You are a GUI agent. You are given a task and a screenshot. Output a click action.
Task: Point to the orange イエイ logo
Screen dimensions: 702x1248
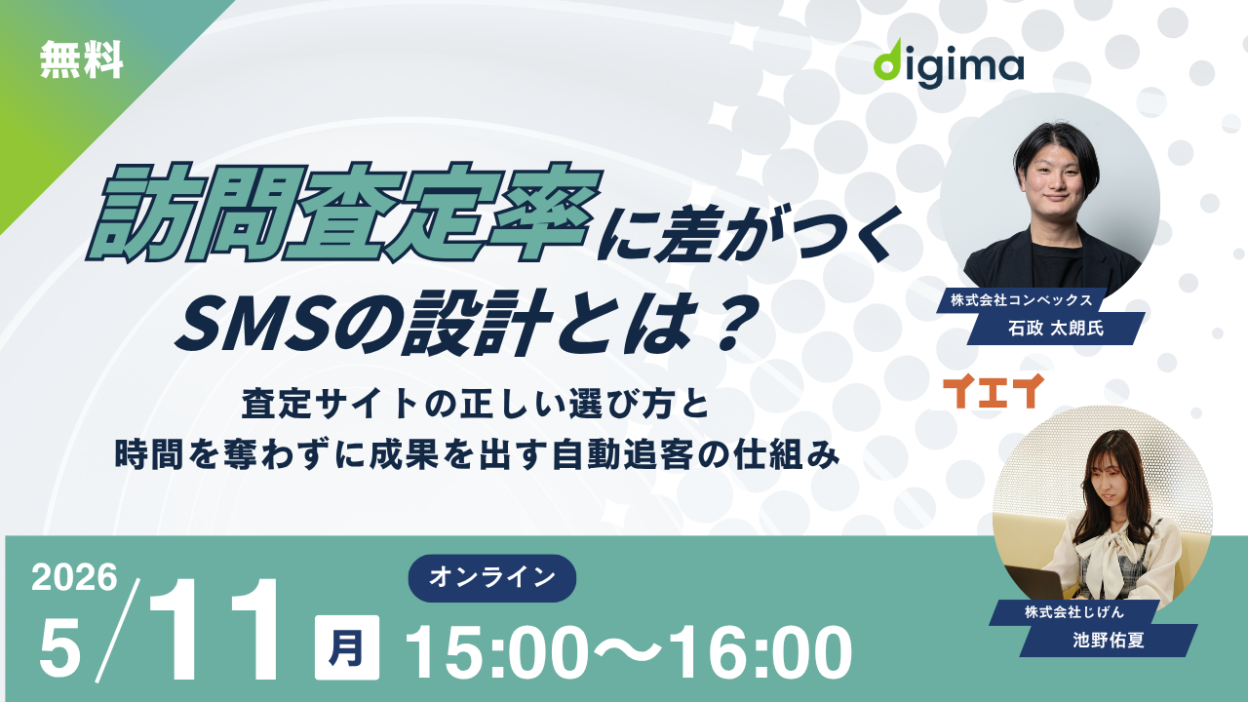tap(994, 390)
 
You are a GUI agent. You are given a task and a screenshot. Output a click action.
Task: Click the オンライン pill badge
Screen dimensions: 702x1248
tap(492, 577)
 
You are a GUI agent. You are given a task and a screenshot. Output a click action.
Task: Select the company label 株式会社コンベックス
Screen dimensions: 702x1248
tap(1020, 299)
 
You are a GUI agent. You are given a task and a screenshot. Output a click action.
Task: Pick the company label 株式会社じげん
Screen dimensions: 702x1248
tap(1072, 611)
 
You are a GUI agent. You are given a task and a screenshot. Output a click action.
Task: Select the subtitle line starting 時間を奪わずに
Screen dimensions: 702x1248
tap(477, 453)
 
